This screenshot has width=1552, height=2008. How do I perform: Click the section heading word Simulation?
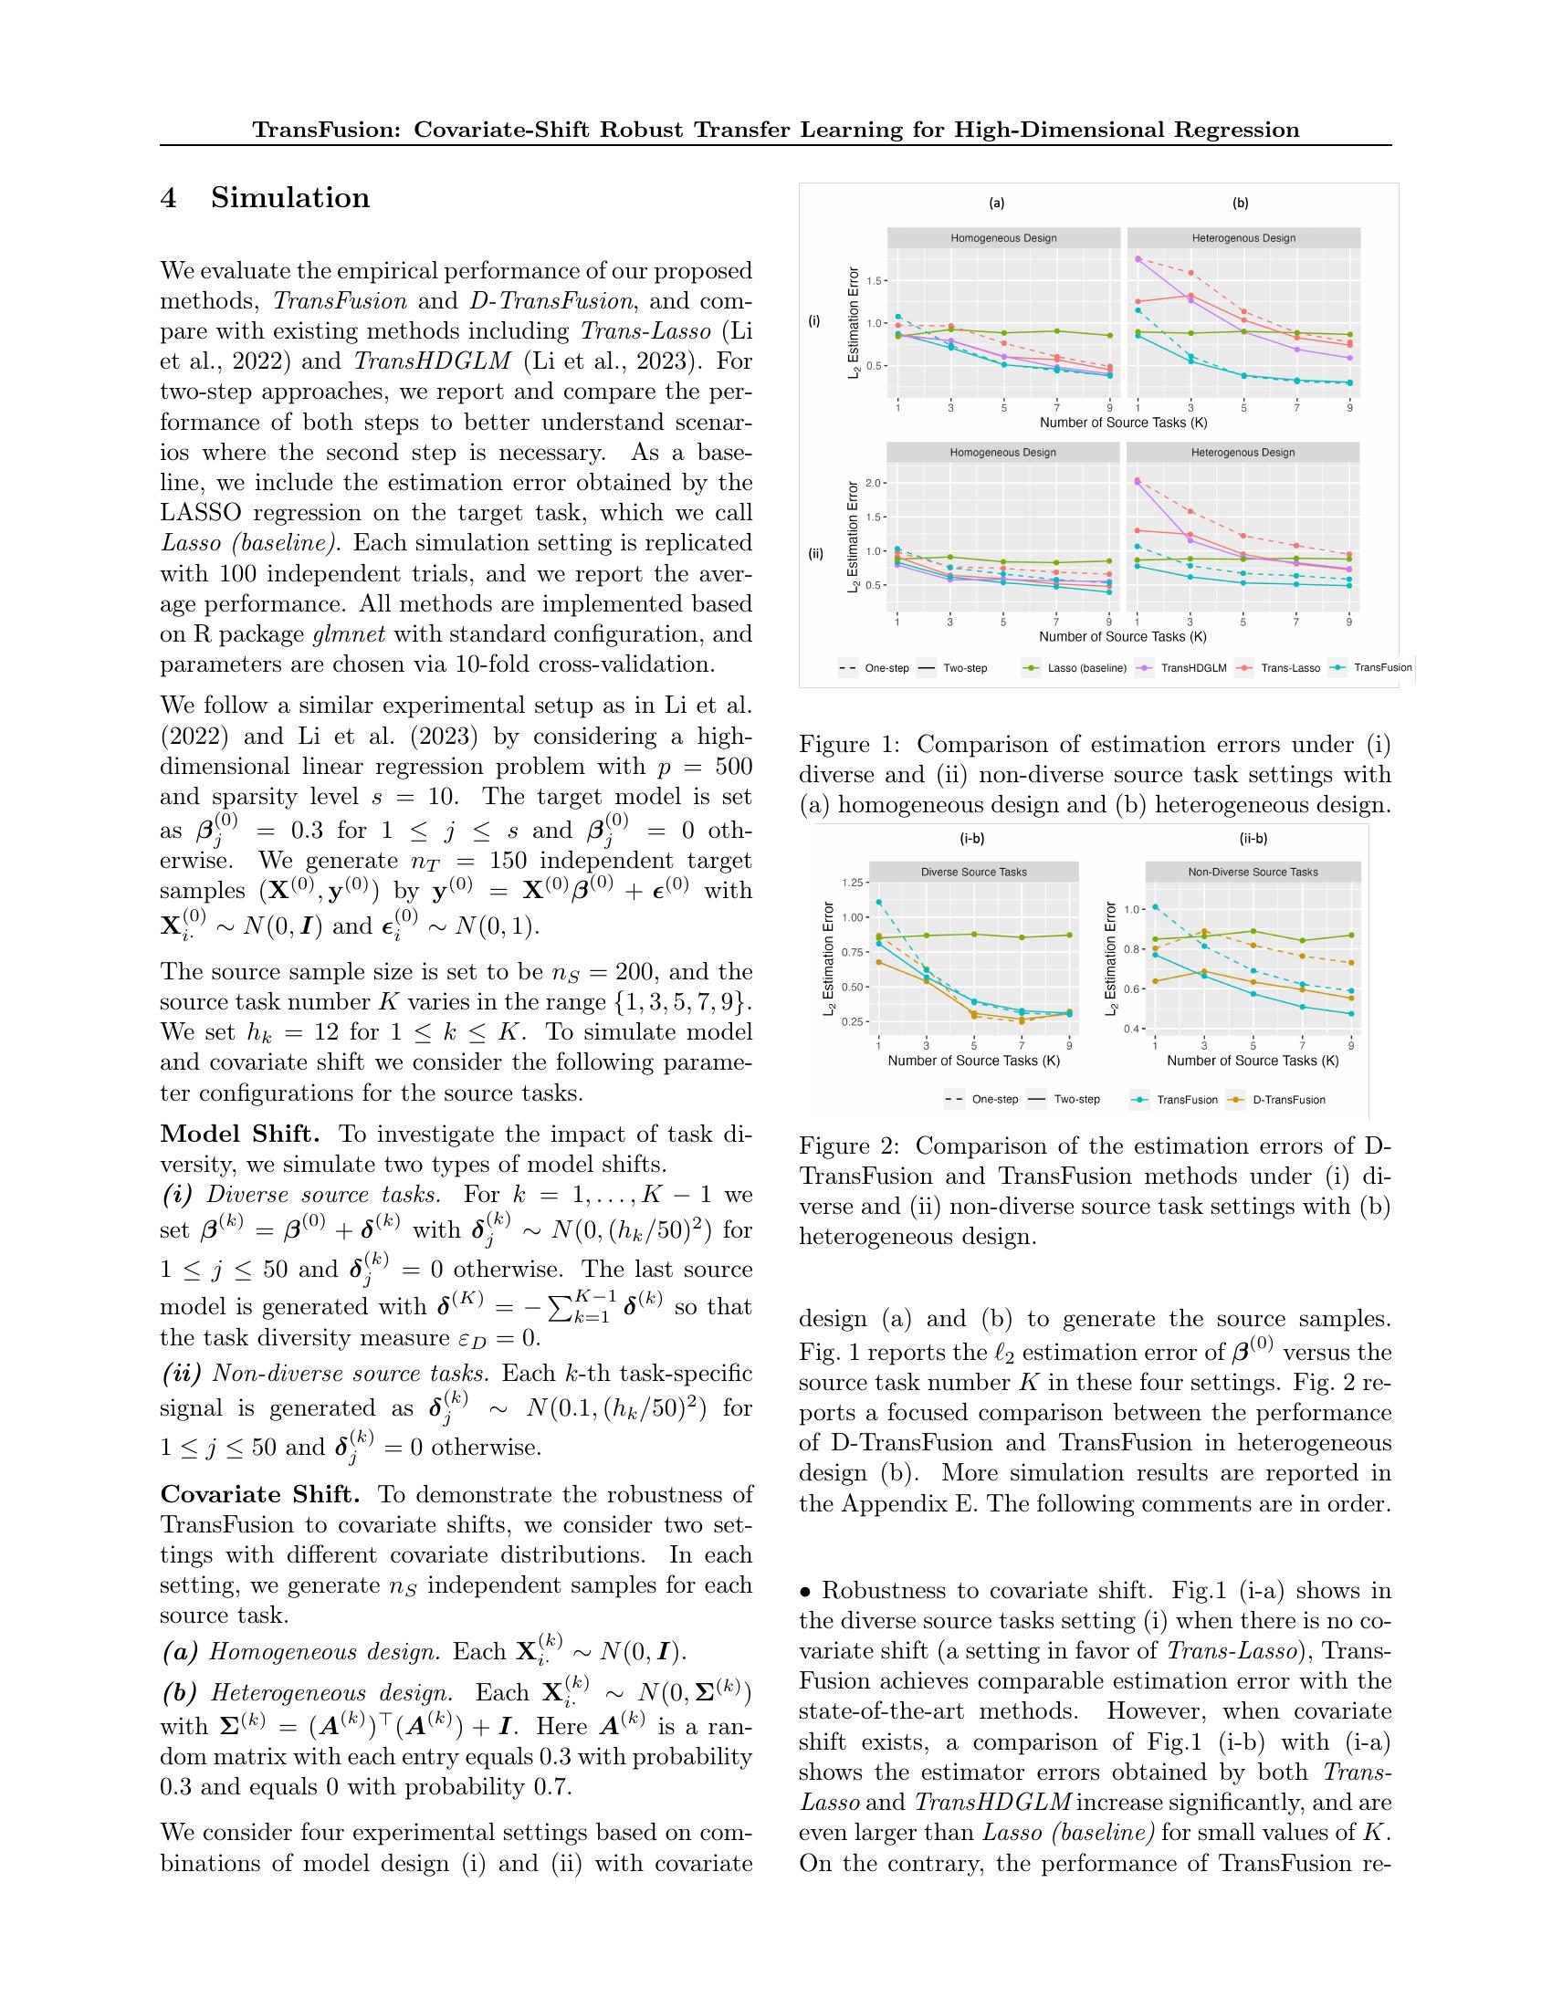pos(290,199)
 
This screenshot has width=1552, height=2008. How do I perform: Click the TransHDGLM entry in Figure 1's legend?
pos(1193,668)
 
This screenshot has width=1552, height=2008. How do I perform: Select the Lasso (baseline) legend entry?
pos(1086,668)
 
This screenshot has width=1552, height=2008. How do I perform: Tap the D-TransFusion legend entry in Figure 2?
pos(1289,1100)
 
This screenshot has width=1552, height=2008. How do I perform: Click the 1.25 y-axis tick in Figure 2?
pos(852,883)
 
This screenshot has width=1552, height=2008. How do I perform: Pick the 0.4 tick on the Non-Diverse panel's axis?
pos(1132,1029)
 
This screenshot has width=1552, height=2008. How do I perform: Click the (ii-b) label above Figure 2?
pos(1253,839)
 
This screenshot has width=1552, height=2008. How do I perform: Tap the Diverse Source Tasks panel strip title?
pos(974,872)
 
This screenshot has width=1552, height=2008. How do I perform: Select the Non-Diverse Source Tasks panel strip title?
pos(1253,872)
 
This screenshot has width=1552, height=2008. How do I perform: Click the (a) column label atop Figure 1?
pos(997,204)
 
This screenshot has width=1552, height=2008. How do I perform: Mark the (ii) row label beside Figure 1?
pos(814,554)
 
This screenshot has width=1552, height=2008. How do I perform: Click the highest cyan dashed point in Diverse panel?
pos(879,902)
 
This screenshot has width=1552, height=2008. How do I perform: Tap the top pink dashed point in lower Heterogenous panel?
pos(1138,480)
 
